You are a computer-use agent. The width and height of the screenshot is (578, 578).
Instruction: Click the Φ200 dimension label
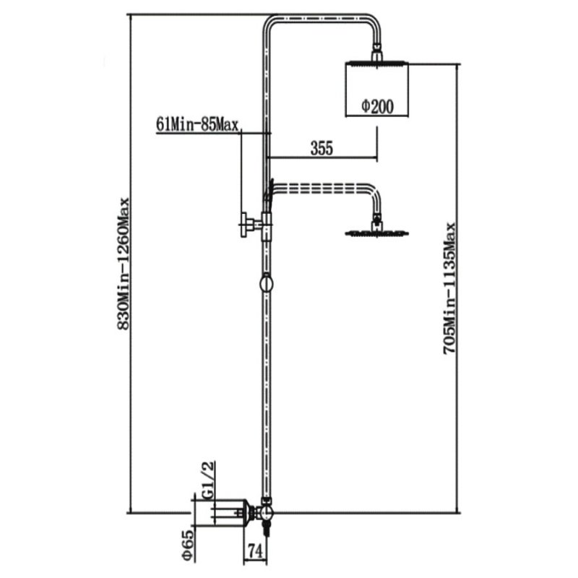coord(377,106)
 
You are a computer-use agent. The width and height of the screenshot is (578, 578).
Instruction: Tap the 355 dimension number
coord(322,148)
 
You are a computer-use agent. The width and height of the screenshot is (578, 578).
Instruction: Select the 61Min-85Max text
coord(197,124)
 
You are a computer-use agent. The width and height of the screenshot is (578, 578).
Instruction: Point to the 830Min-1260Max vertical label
coord(124,264)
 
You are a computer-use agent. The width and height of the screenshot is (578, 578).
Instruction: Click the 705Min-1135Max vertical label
coord(449,288)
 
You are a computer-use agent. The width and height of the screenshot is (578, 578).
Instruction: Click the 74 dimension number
coord(255,551)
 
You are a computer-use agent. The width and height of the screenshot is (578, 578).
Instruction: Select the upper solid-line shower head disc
coord(376,63)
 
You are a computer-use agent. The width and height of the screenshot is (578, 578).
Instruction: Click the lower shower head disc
coord(376,233)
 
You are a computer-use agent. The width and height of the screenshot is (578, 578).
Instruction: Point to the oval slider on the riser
coord(266,284)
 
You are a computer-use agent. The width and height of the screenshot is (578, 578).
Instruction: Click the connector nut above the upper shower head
coord(376,52)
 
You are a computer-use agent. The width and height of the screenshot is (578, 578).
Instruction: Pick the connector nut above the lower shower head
coord(376,222)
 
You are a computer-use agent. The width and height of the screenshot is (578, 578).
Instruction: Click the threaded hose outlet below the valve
coord(265,528)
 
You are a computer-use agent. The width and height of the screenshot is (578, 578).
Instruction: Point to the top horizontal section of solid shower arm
coord(320,18)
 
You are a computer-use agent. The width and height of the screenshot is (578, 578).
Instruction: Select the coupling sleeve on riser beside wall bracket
coord(266,227)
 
